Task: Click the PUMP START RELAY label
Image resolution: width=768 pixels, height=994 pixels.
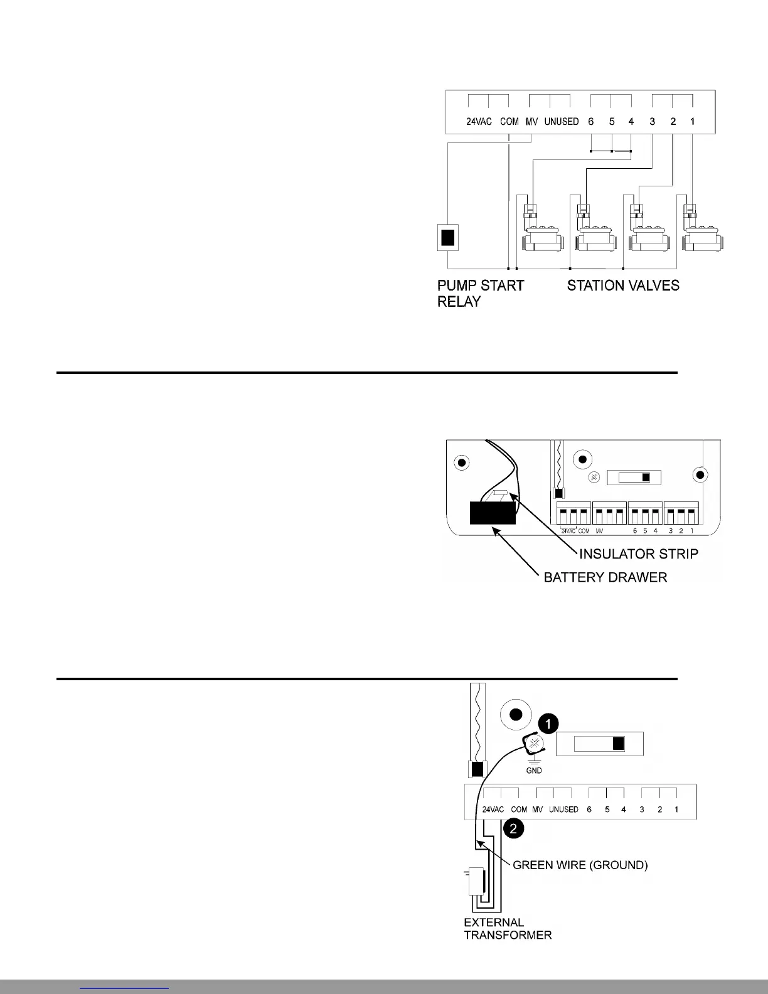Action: click(x=480, y=293)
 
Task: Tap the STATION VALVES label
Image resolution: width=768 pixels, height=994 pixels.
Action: click(x=623, y=286)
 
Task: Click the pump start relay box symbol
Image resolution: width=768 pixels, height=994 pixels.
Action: click(x=447, y=238)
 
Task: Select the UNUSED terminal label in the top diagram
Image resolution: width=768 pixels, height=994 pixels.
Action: click(x=561, y=122)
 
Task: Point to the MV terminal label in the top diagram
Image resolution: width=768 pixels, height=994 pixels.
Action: click(x=531, y=122)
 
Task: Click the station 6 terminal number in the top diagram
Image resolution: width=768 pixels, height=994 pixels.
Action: click(x=590, y=122)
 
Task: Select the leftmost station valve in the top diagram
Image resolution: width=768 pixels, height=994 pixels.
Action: click(x=540, y=232)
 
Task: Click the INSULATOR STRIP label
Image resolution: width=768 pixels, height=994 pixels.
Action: click(x=638, y=554)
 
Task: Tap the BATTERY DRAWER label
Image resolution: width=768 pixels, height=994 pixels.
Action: click(x=605, y=577)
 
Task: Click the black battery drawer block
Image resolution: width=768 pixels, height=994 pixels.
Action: click(x=493, y=512)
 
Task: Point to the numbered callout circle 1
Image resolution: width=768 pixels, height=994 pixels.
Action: click(x=548, y=724)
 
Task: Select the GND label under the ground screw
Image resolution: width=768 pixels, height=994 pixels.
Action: click(x=533, y=770)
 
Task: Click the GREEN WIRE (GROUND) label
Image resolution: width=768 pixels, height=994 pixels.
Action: click(x=580, y=865)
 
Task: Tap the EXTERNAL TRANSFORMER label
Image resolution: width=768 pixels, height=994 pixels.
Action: click(x=507, y=929)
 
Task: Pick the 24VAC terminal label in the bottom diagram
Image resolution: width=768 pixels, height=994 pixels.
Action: click(x=493, y=810)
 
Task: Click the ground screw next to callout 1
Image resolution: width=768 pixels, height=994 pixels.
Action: click(x=534, y=745)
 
